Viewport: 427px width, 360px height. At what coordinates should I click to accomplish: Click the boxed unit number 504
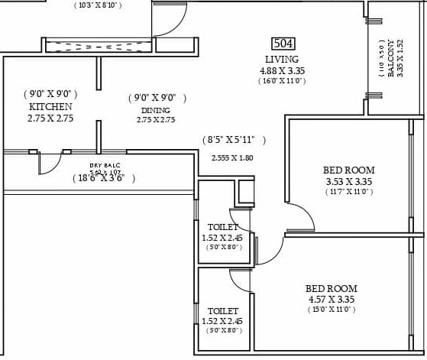283,44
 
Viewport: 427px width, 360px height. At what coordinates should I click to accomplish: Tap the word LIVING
282,60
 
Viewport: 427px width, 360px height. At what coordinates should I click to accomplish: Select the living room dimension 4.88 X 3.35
282,70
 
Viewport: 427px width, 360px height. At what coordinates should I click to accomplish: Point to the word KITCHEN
50,107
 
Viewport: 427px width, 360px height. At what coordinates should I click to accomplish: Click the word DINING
155,110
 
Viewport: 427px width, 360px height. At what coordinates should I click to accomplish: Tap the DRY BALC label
105,166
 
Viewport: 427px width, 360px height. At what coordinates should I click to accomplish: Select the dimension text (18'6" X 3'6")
104,178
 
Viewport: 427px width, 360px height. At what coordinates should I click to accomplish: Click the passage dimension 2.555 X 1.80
231,158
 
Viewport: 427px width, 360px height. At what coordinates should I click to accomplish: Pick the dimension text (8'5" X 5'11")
235,140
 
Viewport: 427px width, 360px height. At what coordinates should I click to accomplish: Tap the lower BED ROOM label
331,288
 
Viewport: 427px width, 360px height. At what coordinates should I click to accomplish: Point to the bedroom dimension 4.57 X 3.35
330,299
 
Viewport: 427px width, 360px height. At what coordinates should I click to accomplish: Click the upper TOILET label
223,227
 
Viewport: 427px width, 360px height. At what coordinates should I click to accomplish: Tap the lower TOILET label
223,311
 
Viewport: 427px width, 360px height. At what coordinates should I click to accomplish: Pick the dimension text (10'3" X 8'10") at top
107,5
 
